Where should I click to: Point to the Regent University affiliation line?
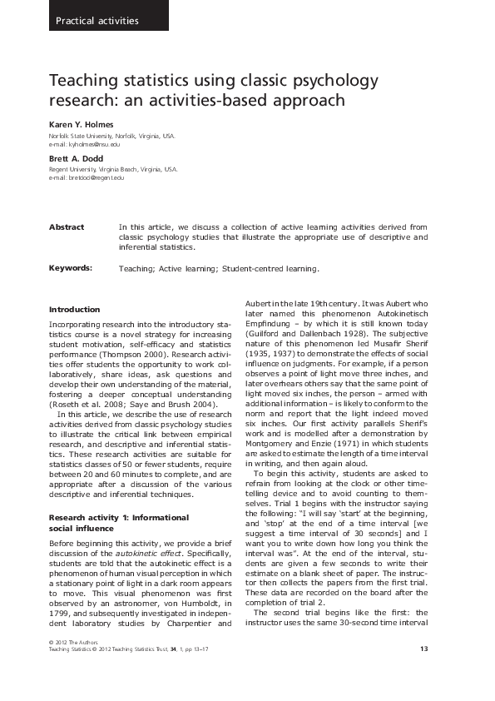click(x=113, y=168)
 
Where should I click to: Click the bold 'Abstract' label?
click(x=67, y=226)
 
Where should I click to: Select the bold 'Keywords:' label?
click(x=70, y=268)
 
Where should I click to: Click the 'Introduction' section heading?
click(x=74, y=310)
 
